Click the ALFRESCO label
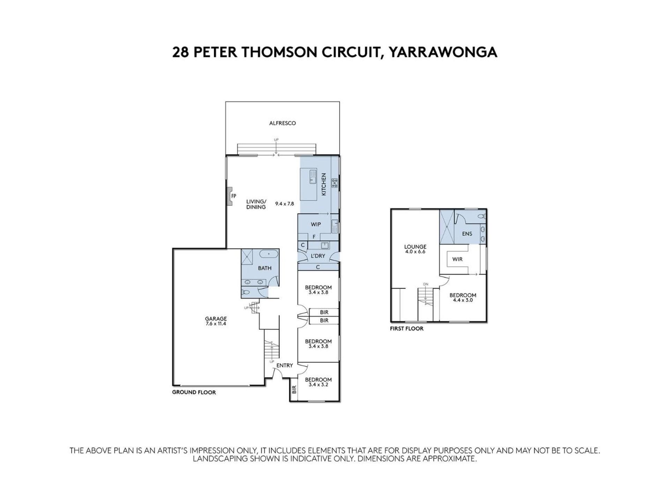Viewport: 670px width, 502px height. tap(282, 123)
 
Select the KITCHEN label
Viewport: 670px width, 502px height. tap(323, 184)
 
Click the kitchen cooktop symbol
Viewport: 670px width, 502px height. tap(335, 183)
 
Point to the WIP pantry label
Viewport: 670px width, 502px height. tap(316, 225)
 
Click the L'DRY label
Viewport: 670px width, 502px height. tap(318, 256)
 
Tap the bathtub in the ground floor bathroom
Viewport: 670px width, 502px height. tap(269, 254)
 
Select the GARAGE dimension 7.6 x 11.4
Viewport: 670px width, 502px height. tap(216, 324)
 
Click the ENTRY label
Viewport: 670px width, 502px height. tap(284, 365)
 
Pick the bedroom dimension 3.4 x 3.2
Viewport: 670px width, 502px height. tap(318, 385)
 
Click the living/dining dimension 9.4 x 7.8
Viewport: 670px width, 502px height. tap(284, 204)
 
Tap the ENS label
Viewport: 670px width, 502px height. tap(467, 234)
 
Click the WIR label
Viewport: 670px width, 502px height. tap(457, 259)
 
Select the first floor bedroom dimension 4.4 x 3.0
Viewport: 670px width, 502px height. tap(463, 300)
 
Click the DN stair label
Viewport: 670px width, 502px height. tap(425, 284)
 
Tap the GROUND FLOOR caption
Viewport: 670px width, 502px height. tap(194, 392)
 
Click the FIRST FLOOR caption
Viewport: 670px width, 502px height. tap(407, 328)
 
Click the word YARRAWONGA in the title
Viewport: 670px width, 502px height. tap(443, 52)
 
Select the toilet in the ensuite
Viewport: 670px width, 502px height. tap(482, 216)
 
